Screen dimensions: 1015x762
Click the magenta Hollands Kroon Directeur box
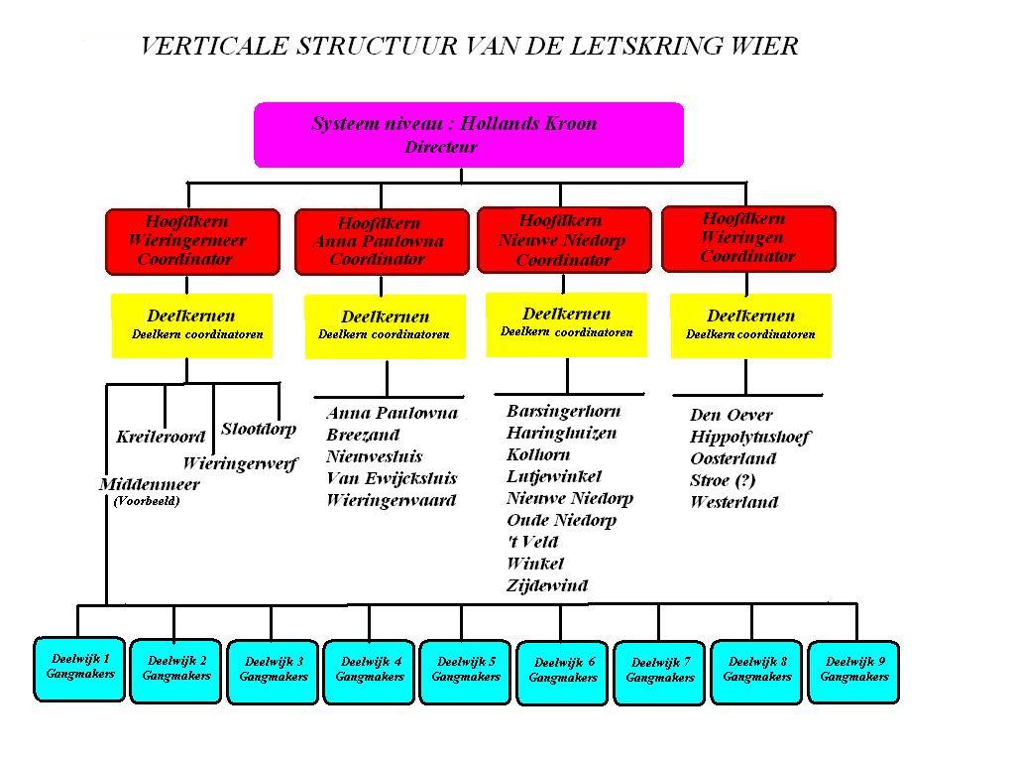point(469,135)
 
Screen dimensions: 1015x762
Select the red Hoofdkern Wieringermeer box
point(193,242)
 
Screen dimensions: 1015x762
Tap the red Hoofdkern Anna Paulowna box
point(382,242)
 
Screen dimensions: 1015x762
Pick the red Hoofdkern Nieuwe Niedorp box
point(564,240)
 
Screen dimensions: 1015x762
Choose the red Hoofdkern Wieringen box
point(749,238)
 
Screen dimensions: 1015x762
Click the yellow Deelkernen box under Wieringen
point(751,325)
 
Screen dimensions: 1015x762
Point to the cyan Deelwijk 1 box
point(79,670)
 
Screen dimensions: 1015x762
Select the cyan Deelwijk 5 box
point(465,672)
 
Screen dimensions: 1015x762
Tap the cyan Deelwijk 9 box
point(853,672)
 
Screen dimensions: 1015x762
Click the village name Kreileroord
point(161,437)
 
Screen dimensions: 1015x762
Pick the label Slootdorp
point(259,429)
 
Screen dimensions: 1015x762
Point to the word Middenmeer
point(150,484)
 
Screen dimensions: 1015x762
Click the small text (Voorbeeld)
point(147,501)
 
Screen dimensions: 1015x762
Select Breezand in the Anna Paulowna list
point(363,435)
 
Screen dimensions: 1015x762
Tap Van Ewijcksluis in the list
point(392,479)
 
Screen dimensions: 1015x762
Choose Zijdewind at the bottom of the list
point(547,586)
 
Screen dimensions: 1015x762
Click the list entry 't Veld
point(532,542)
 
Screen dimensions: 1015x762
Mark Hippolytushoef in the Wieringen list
point(750,438)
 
